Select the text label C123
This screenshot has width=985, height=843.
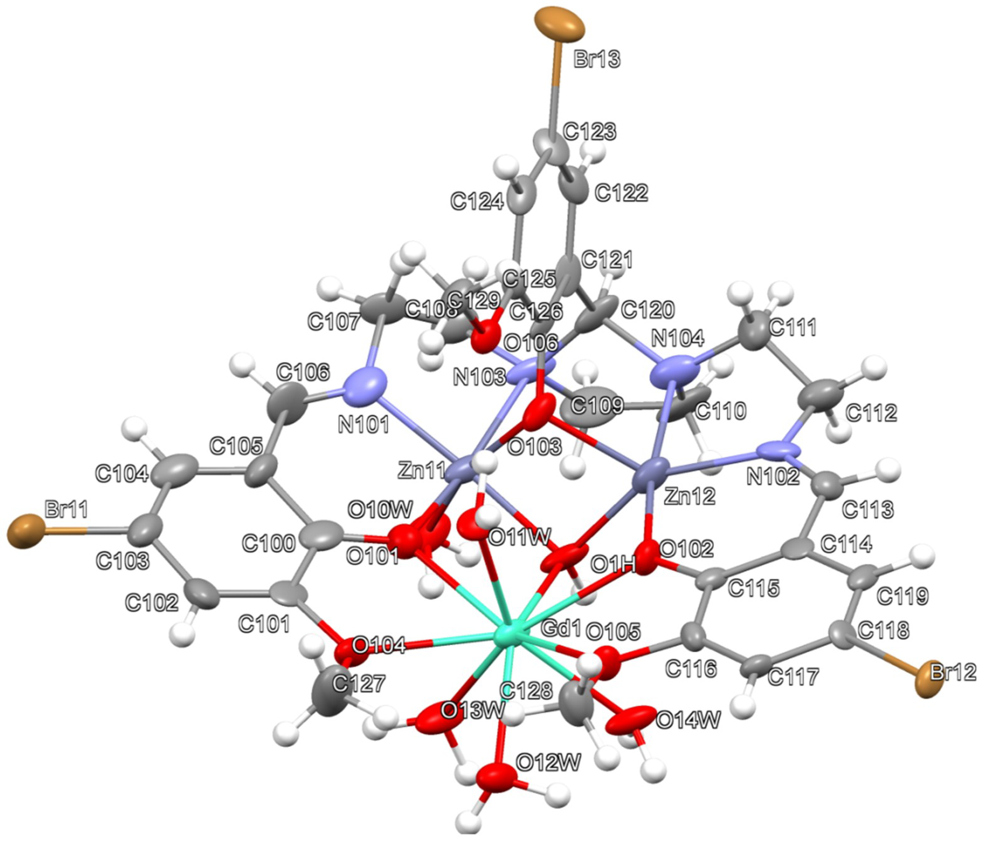589,131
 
